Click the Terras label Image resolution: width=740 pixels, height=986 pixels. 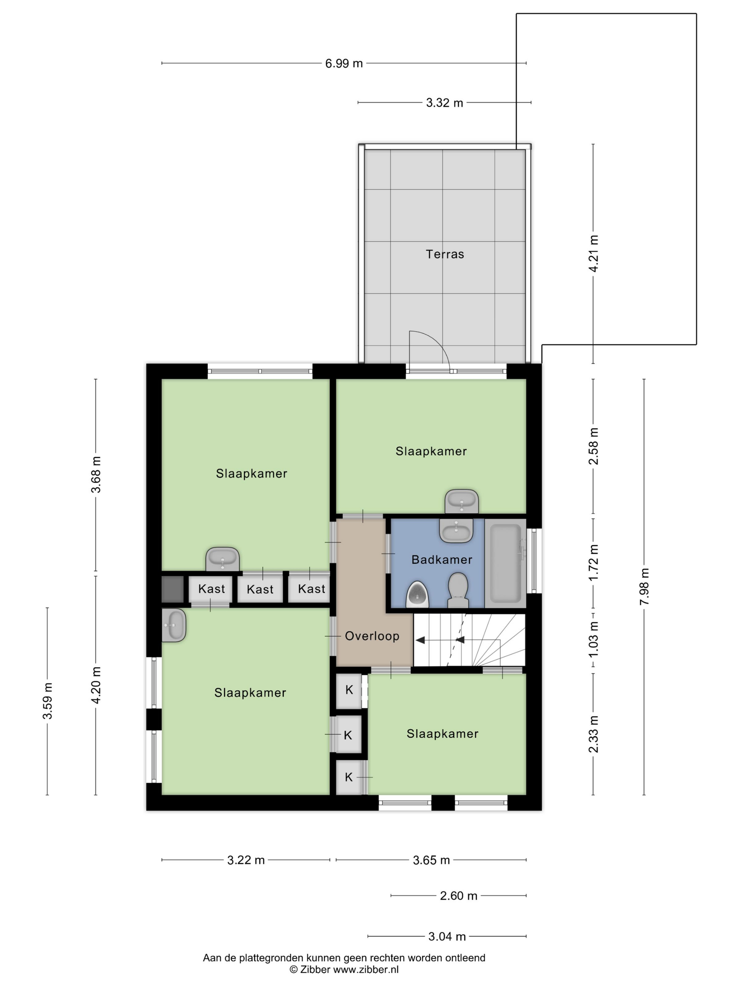445,254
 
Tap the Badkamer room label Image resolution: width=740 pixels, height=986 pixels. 442,560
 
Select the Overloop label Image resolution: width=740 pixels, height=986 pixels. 372,636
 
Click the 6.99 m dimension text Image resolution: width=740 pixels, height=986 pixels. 344,63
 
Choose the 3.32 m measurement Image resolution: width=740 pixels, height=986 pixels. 444,102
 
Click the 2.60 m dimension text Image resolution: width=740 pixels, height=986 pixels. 458,895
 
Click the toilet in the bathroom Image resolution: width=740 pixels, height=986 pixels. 458,590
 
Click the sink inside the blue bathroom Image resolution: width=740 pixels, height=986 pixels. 456,530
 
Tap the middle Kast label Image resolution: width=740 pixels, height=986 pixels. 260,589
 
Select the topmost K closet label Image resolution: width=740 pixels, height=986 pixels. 349,689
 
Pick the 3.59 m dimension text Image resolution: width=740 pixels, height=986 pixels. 47,701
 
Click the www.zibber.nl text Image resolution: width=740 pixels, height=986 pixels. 366,969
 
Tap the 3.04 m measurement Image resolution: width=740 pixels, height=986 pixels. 447,936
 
